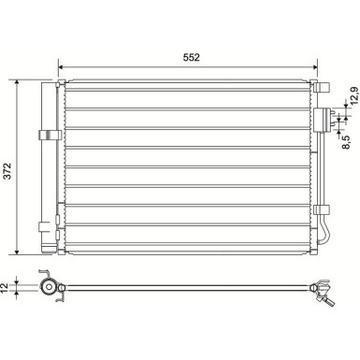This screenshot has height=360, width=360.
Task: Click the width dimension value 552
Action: point(192,57)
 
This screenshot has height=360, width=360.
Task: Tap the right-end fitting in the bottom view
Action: point(324,291)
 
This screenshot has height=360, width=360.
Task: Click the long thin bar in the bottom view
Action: point(187,286)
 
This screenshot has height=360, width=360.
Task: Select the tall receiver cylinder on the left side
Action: point(48,168)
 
